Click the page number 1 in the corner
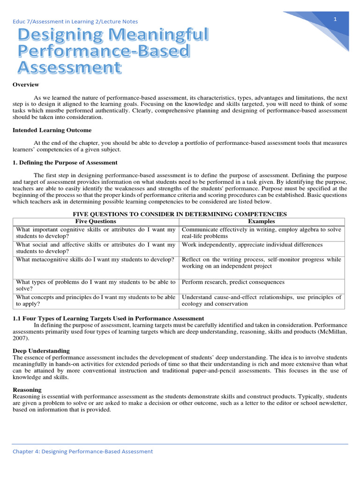[x=336, y=19]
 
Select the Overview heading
[x=25, y=84]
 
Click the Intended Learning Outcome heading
[x=52, y=130]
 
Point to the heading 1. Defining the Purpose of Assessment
[x=65, y=162]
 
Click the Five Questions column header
[x=96, y=221]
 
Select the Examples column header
[x=262, y=221]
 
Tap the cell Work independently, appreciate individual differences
[x=252, y=245]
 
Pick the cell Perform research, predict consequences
[x=233, y=282]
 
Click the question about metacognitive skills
[x=95, y=259]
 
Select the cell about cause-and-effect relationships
[x=262, y=300]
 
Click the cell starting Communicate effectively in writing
[x=262, y=233]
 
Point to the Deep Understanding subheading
[x=41, y=351]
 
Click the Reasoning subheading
[x=27, y=390]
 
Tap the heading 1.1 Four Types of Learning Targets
[x=108, y=318]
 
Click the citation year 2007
[x=20, y=337]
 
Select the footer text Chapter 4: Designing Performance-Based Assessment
[x=82, y=451]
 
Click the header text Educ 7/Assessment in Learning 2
[x=75, y=21]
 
